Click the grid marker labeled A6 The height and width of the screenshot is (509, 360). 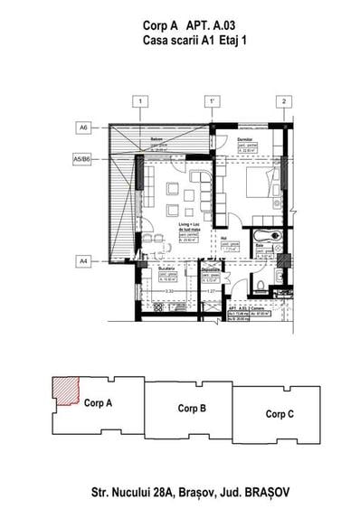pos(83,129)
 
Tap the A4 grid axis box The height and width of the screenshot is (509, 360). pos(83,261)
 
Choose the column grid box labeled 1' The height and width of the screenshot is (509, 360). pos(213,100)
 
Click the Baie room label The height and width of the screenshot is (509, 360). pos(259,245)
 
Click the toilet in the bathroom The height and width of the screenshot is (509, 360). pos(260,286)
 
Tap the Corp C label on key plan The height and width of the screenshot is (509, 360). pos(279,413)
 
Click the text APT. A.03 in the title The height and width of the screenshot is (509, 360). pos(203,28)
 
